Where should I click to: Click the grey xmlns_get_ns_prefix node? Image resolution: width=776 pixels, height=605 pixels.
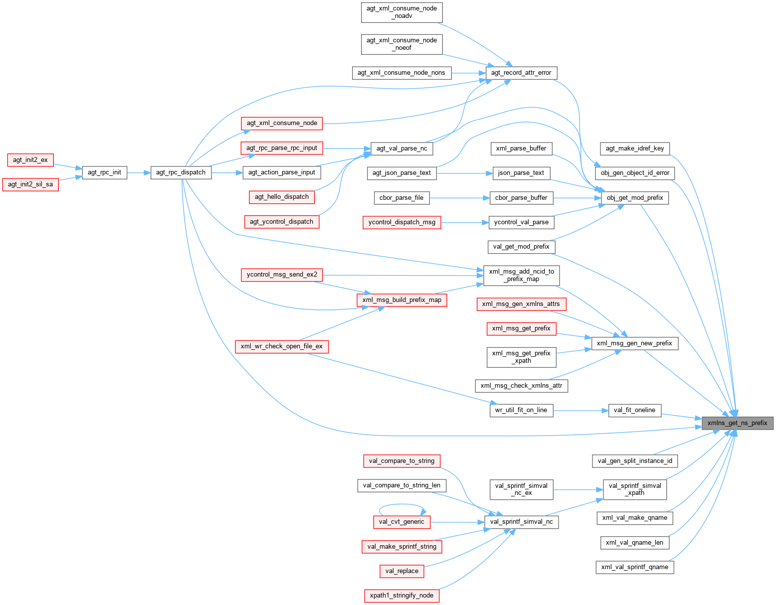738,423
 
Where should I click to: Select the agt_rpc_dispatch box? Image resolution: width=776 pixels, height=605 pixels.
181,172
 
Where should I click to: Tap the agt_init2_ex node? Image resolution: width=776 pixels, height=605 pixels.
30,160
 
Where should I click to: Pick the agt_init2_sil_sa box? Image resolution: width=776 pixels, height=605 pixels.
30,184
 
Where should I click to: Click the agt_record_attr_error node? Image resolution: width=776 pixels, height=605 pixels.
521,73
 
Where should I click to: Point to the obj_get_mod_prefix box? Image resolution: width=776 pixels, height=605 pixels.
634,198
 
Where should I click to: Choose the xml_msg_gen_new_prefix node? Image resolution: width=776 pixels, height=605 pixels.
634,343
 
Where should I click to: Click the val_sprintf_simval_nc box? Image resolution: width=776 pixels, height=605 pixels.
521,522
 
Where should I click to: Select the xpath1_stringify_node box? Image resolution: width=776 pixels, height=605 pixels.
401,596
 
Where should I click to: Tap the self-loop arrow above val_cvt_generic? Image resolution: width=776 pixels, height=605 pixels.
402,505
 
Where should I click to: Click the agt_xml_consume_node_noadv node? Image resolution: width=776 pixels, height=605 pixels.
401,12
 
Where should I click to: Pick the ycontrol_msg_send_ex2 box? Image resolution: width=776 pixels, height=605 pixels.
282,275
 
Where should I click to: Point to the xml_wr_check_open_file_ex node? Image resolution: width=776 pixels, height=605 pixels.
282,346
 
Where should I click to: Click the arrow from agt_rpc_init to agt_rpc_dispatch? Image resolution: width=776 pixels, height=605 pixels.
139,173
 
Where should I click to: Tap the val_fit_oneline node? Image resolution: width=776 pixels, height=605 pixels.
634,410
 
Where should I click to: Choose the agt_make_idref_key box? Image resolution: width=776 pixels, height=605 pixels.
634,149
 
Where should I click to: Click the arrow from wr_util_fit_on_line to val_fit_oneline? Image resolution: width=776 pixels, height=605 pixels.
581,411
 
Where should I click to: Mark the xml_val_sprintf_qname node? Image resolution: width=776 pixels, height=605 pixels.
634,567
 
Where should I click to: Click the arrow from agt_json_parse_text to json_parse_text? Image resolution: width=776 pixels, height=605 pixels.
464,173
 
